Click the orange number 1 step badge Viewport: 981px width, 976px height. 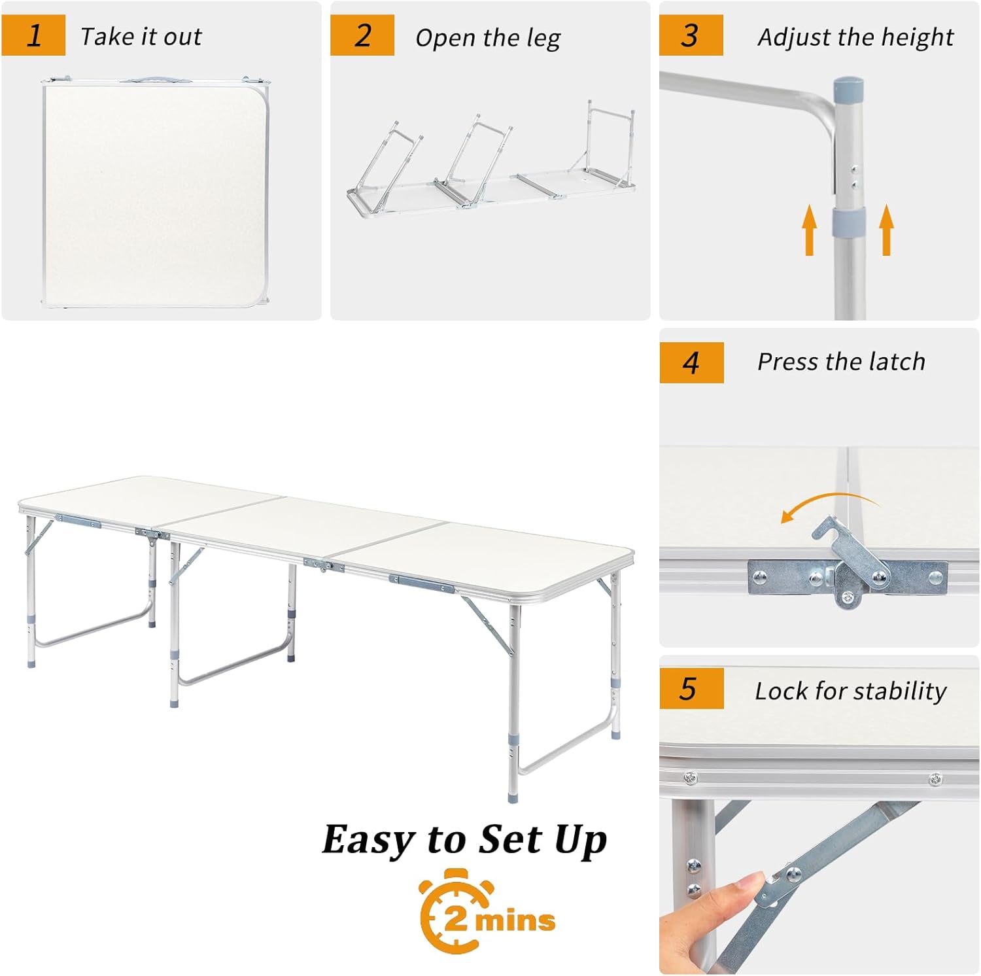33,35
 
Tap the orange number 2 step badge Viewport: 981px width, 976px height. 362,35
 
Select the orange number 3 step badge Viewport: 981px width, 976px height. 691,35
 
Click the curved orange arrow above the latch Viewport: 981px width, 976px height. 831,498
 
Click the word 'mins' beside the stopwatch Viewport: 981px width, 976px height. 515,920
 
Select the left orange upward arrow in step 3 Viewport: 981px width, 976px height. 810,230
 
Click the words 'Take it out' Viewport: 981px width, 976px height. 141,37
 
